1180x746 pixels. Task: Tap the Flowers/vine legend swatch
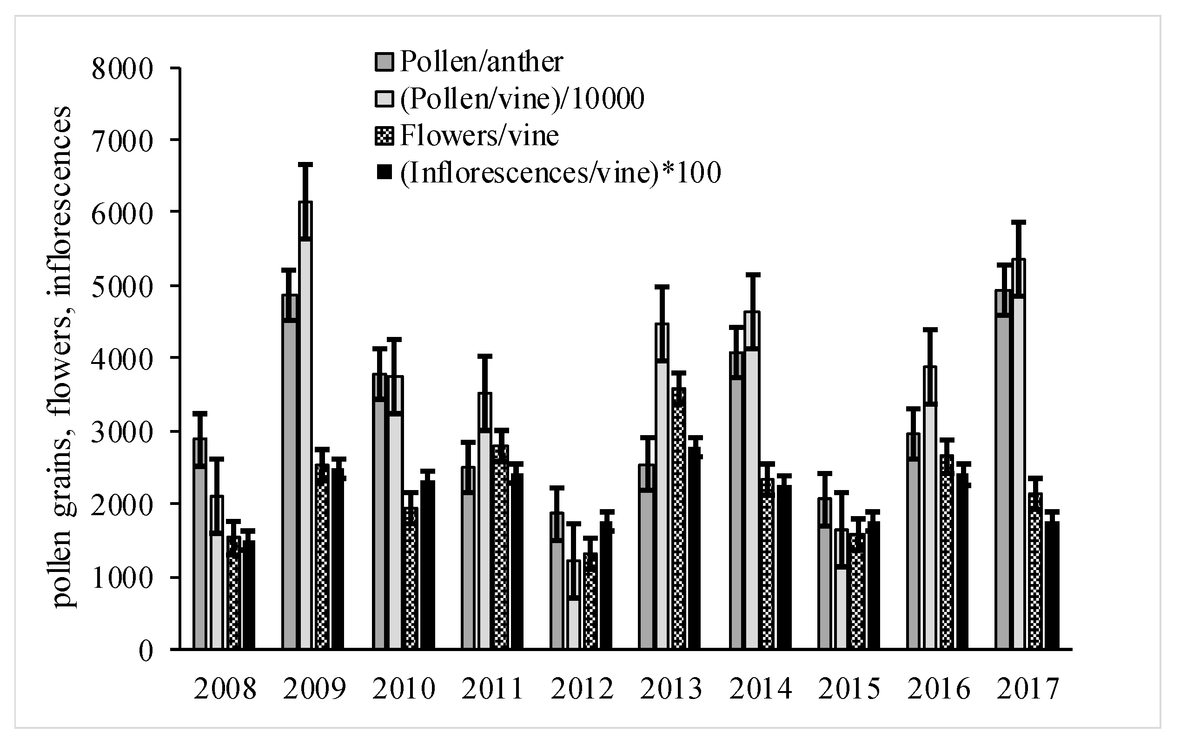click(x=384, y=136)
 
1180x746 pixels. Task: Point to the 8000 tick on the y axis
click(x=122, y=69)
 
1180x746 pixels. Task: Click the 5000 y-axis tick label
click(x=122, y=286)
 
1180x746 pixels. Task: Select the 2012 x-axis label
click(x=582, y=689)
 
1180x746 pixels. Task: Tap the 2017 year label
click(x=1028, y=689)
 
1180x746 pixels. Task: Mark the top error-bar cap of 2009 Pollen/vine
click(x=305, y=164)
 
